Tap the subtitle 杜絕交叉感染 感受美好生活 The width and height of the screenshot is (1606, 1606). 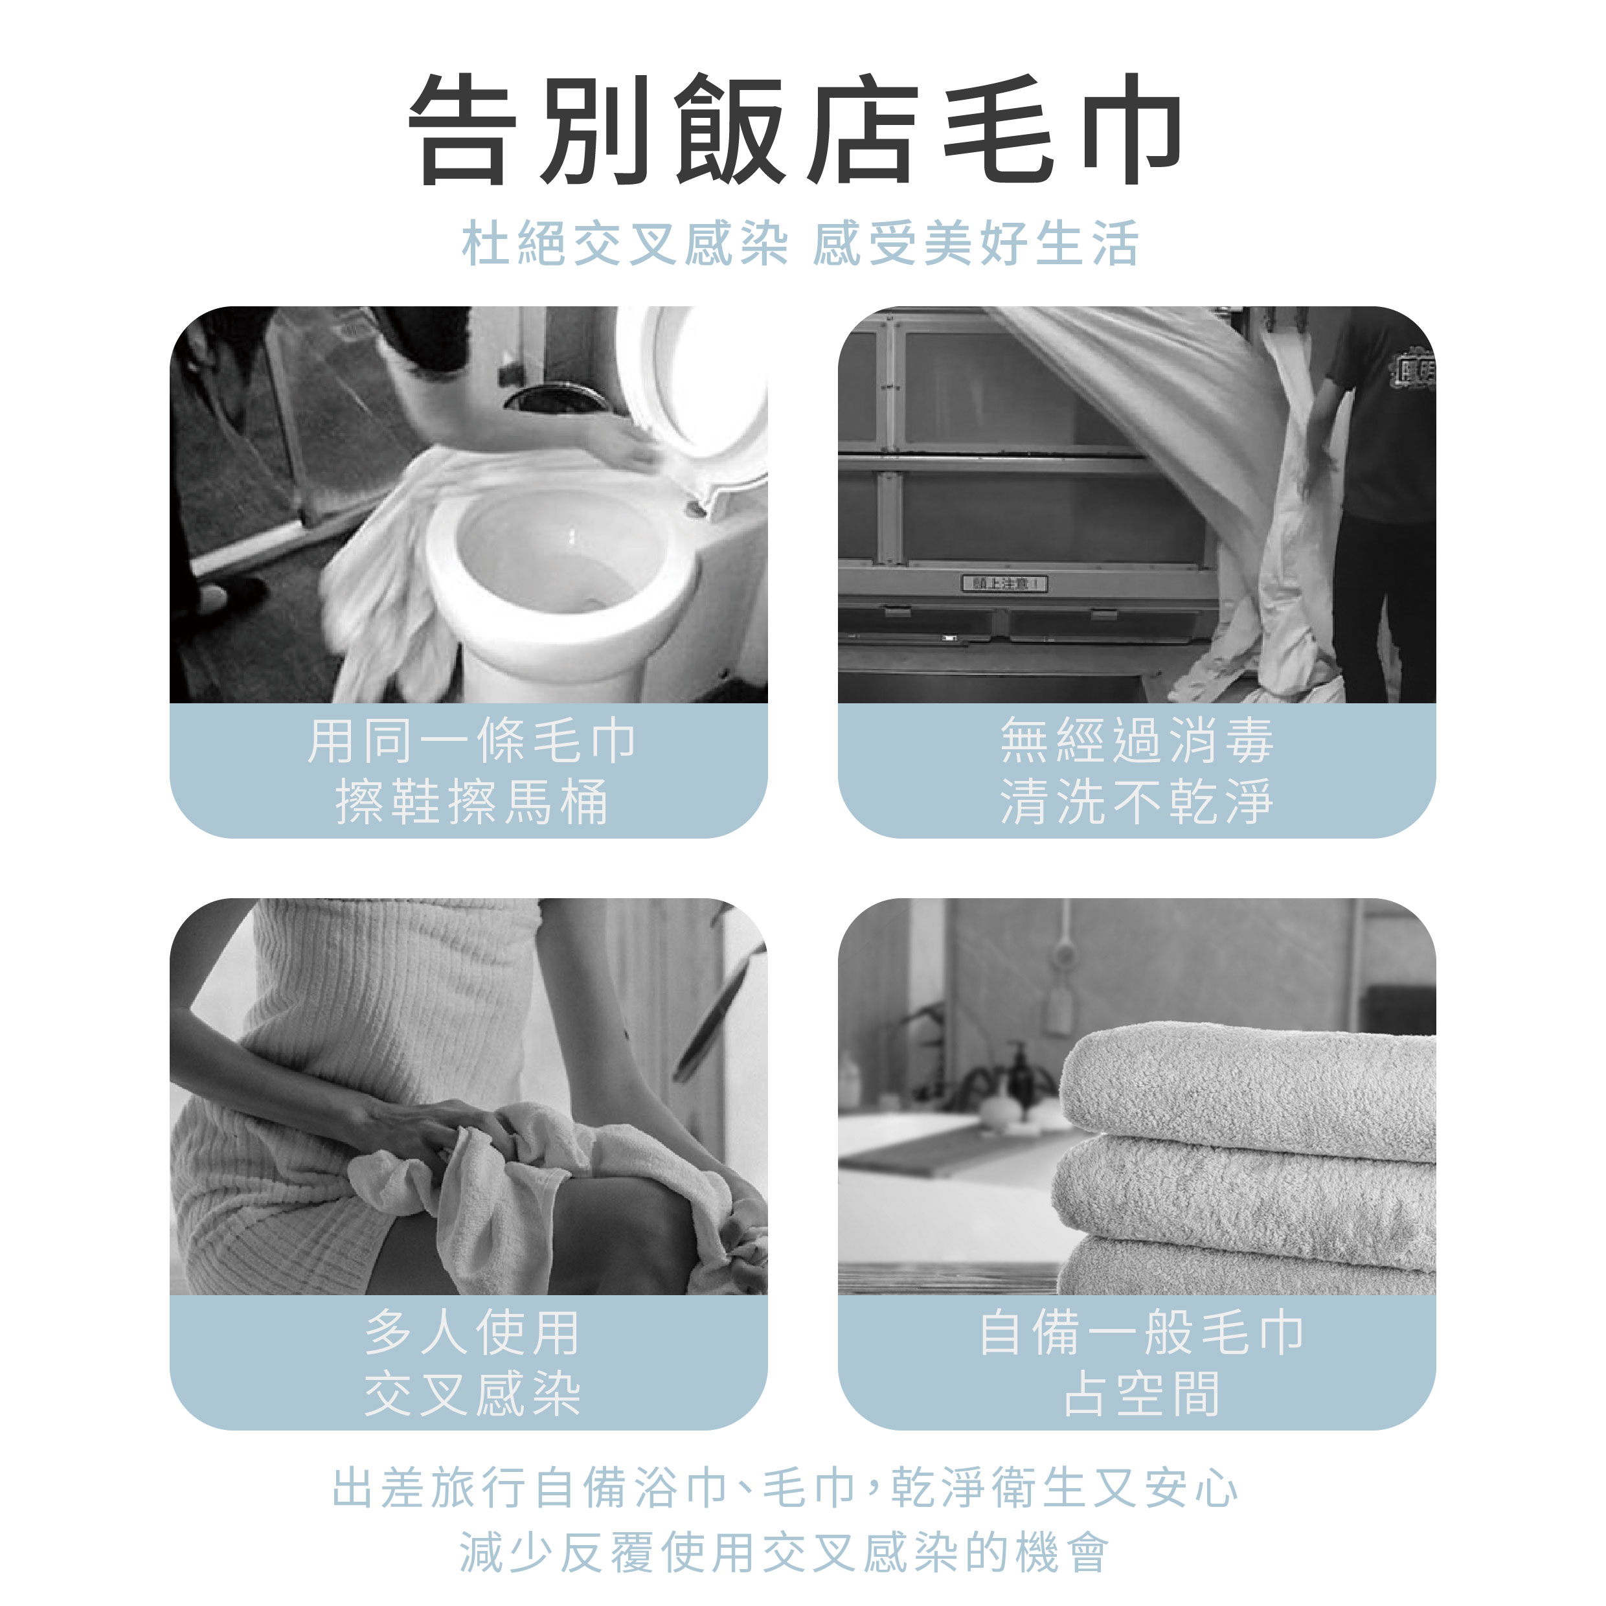pos(800,243)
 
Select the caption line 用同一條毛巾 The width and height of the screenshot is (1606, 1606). pos(471,741)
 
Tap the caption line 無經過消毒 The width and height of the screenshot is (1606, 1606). pos(1137,741)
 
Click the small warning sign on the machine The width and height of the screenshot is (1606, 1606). pos(1005,583)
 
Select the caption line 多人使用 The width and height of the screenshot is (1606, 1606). pos(471,1331)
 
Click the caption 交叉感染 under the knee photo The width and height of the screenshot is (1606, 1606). pos(471,1393)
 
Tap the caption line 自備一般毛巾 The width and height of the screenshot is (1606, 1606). pos(1140,1331)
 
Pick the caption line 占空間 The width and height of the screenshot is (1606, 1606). pos(1140,1393)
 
